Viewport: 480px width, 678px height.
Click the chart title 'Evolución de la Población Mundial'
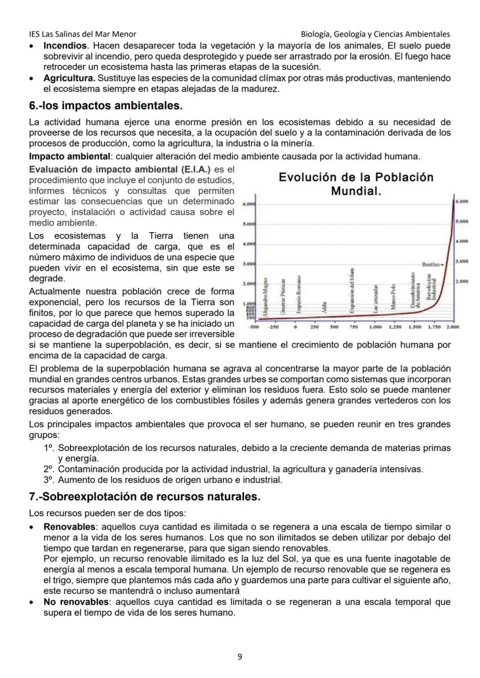click(x=356, y=184)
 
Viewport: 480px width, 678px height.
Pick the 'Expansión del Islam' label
click(x=352, y=291)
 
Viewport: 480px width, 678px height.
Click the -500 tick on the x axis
click(x=253, y=327)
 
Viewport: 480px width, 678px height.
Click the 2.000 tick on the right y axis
click(x=461, y=281)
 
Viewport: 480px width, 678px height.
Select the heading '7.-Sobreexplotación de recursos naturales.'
click(x=144, y=497)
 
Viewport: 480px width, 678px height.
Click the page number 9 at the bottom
click(x=240, y=657)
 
